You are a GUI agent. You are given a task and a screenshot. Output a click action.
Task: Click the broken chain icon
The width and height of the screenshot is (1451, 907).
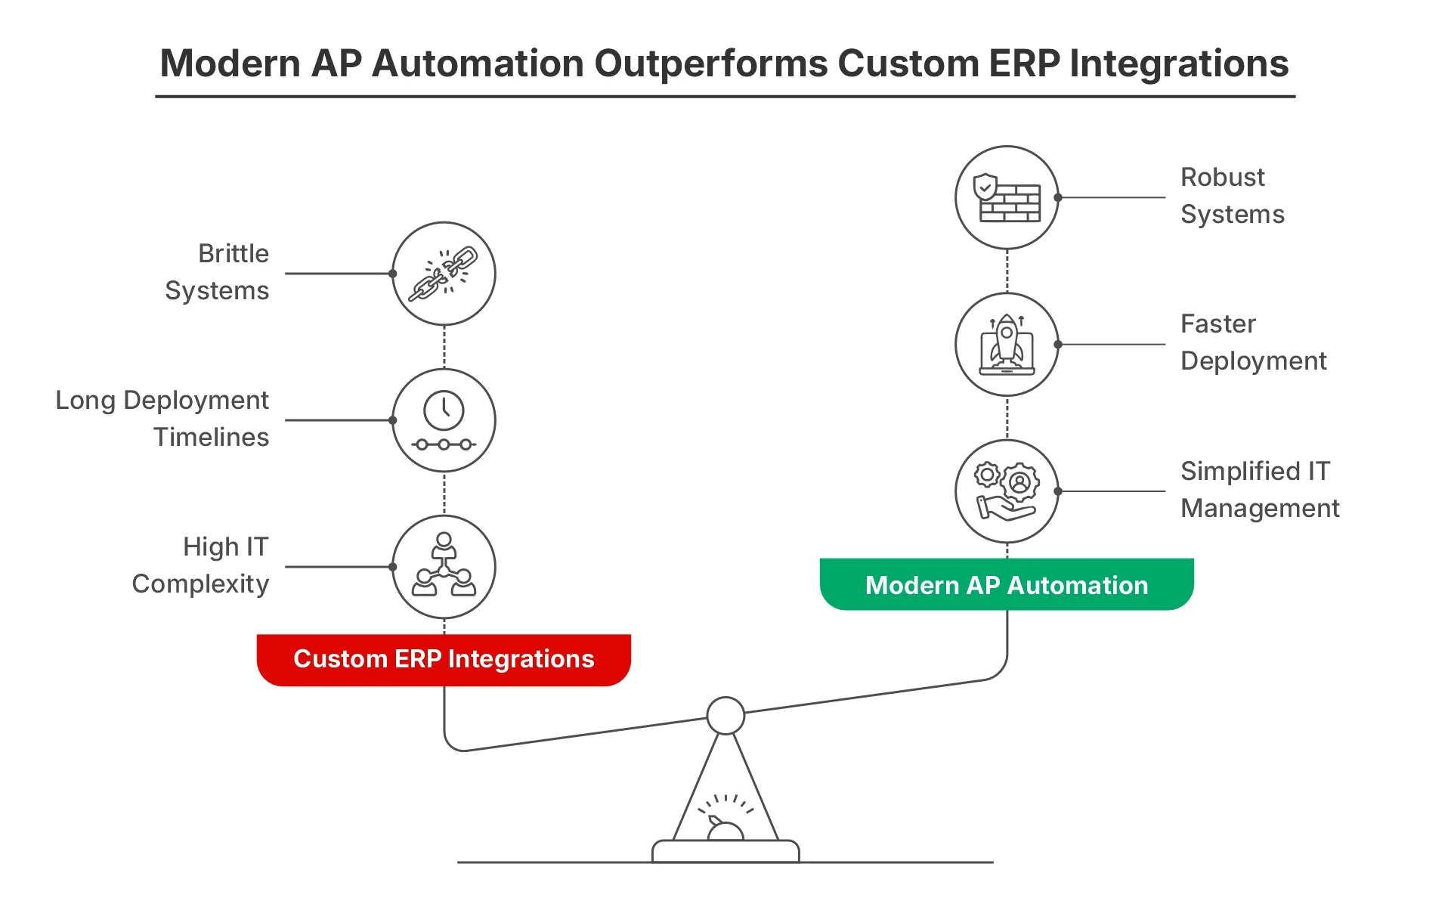[x=444, y=274]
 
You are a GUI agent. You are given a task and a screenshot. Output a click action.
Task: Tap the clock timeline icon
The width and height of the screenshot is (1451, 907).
[x=444, y=420]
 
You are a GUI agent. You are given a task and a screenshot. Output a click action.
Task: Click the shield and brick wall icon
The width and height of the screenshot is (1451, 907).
[x=1007, y=197]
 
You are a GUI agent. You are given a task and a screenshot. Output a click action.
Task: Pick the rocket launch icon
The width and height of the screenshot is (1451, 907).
[x=1007, y=344]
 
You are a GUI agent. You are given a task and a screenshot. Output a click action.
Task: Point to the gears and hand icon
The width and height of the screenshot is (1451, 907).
[x=1007, y=491]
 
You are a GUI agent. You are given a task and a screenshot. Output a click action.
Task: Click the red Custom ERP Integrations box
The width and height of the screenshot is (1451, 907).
[x=444, y=660]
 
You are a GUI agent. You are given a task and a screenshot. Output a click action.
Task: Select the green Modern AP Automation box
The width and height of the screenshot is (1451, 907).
[x=1007, y=584]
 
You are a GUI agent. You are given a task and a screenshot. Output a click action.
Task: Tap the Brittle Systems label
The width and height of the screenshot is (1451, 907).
[x=217, y=272]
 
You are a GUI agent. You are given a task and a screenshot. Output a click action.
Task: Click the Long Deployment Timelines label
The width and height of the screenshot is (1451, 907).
[x=162, y=419]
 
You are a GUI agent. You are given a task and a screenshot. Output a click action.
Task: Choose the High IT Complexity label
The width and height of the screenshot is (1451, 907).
[x=200, y=565]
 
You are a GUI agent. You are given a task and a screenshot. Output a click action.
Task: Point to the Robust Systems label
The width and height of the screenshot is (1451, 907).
[x=1233, y=196]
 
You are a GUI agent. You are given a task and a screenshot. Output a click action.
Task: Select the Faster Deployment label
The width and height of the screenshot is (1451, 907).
[x=1254, y=342]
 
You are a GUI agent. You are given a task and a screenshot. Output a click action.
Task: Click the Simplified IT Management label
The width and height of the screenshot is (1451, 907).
[x=1260, y=490]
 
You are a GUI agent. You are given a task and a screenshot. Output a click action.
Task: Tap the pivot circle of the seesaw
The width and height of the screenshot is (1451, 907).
[x=725, y=716]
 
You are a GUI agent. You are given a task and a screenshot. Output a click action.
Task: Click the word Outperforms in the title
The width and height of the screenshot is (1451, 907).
[x=711, y=63]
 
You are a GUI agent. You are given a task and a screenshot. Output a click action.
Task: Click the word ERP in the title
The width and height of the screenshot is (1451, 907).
[x=1024, y=63]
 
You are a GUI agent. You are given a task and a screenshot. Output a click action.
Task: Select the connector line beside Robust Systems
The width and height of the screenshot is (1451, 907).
[x=1112, y=197]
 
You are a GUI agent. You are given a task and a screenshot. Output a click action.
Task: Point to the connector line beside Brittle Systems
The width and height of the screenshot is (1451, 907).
[x=339, y=274]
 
